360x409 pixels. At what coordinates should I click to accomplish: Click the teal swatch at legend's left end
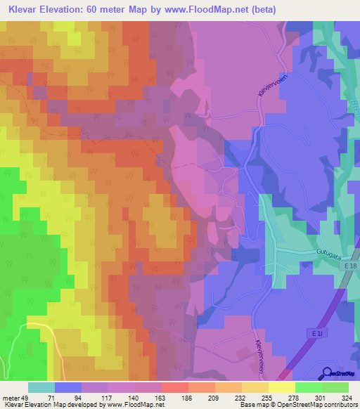pyautogui.click(x=41, y=387)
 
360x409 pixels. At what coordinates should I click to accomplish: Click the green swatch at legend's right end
pyautogui.click(x=335, y=387)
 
